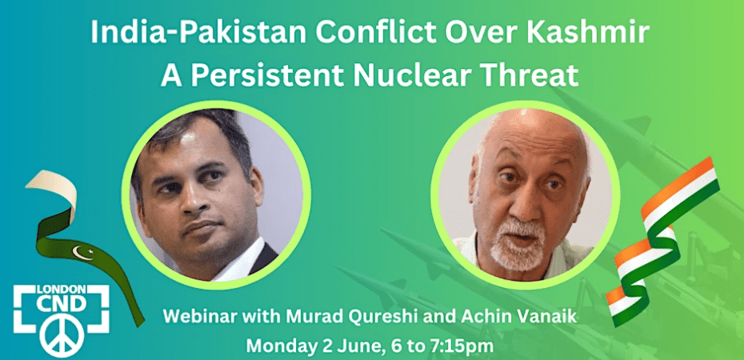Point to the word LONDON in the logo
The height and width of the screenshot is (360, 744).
62,289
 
